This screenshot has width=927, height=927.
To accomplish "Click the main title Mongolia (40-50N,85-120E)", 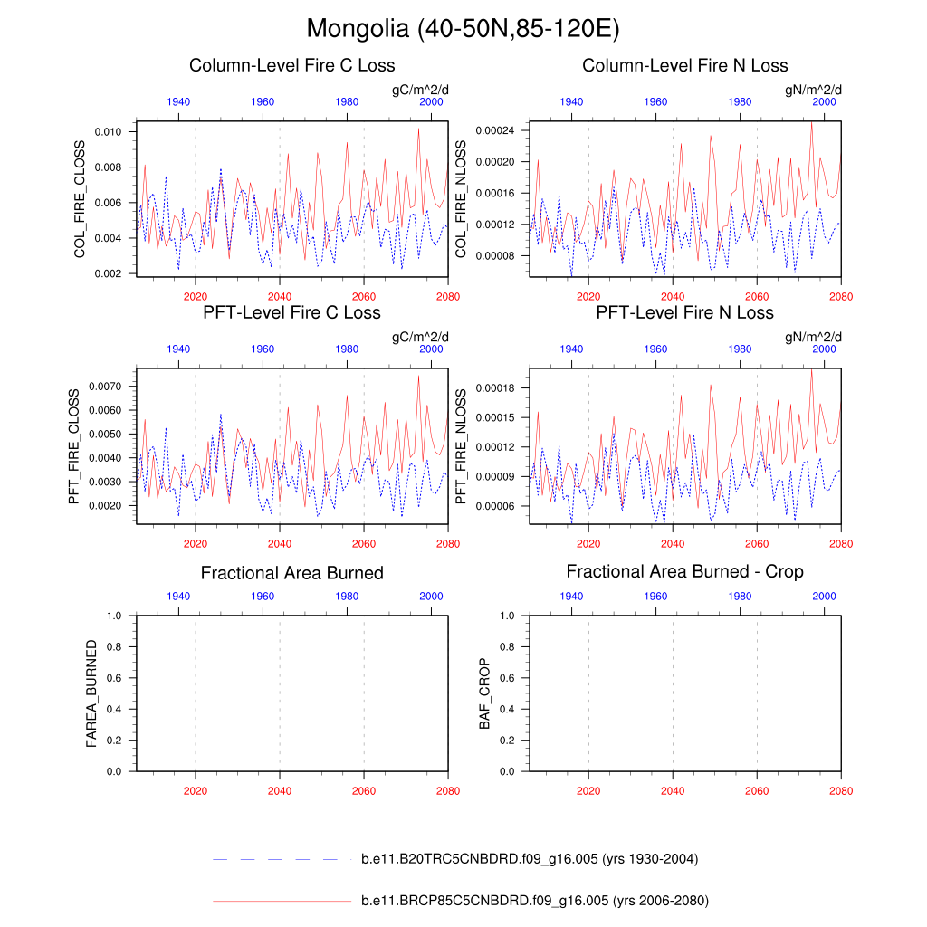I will click(x=463, y=29).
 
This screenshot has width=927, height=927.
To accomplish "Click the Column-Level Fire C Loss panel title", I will click(x=291, y=65).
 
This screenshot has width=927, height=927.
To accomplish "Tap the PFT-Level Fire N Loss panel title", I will click(x=684, y=312).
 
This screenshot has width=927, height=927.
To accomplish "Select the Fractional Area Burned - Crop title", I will click(x=684, y=571).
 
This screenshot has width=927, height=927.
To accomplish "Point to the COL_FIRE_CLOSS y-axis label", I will click(x=80, y=199).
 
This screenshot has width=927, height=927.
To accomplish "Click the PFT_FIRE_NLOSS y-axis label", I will click(x=460, y=446).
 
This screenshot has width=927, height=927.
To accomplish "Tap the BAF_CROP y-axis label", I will click(x=484, y=693).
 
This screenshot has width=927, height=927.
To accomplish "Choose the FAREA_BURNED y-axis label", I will click(x=91, y=693).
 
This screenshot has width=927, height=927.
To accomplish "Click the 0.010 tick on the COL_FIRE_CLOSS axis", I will click(x=108, y=132).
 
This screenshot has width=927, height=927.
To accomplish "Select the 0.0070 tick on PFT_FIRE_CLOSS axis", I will click(x=105, y=387).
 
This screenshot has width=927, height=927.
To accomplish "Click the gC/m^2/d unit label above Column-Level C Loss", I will click(x=419, y=90).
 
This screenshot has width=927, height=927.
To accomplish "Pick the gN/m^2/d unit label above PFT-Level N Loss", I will click(x=813, y=337).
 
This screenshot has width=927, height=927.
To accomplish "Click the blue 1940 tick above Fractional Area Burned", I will click(x=178, y=596).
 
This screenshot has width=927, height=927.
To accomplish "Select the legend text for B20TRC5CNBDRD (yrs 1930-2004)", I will click(x=529, y=859).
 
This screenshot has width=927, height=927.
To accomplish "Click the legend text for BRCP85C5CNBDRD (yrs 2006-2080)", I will click(x=534, y=901).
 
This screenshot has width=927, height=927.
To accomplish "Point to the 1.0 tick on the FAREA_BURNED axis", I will click(x=114, y=616).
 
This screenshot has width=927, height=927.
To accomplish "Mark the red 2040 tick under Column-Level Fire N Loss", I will click(x=673, y=296).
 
